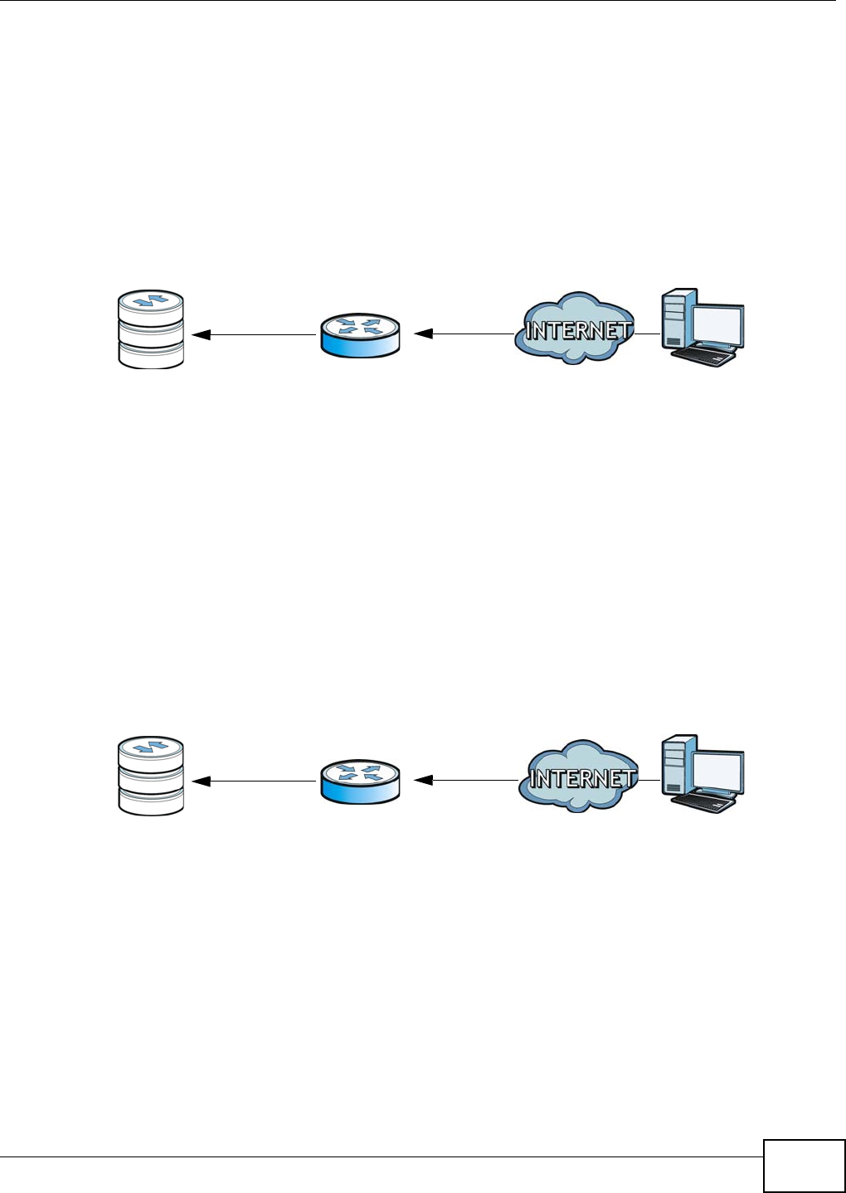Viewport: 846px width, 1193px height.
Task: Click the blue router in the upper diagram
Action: coord(360,335)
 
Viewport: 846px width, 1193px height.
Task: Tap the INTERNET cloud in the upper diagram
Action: coord(575,330)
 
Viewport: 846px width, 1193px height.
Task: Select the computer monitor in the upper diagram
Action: coord(718,321)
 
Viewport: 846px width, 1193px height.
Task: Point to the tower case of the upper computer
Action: coord(676,318)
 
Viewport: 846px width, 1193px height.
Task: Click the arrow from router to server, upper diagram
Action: coord(253,335)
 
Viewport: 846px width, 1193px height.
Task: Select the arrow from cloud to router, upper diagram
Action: coord(464,334)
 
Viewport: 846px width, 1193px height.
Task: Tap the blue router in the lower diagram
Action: coord(360,782)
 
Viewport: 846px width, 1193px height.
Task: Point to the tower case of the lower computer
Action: coord(676,764)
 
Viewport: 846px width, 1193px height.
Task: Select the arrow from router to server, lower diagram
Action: coord(253,782)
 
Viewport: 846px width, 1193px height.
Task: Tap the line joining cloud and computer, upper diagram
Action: coord(648,334)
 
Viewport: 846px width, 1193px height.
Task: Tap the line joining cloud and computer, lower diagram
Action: coord(649,781)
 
